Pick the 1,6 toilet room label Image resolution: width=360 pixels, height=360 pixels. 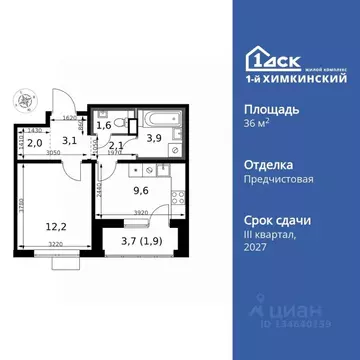coord(104,126)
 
